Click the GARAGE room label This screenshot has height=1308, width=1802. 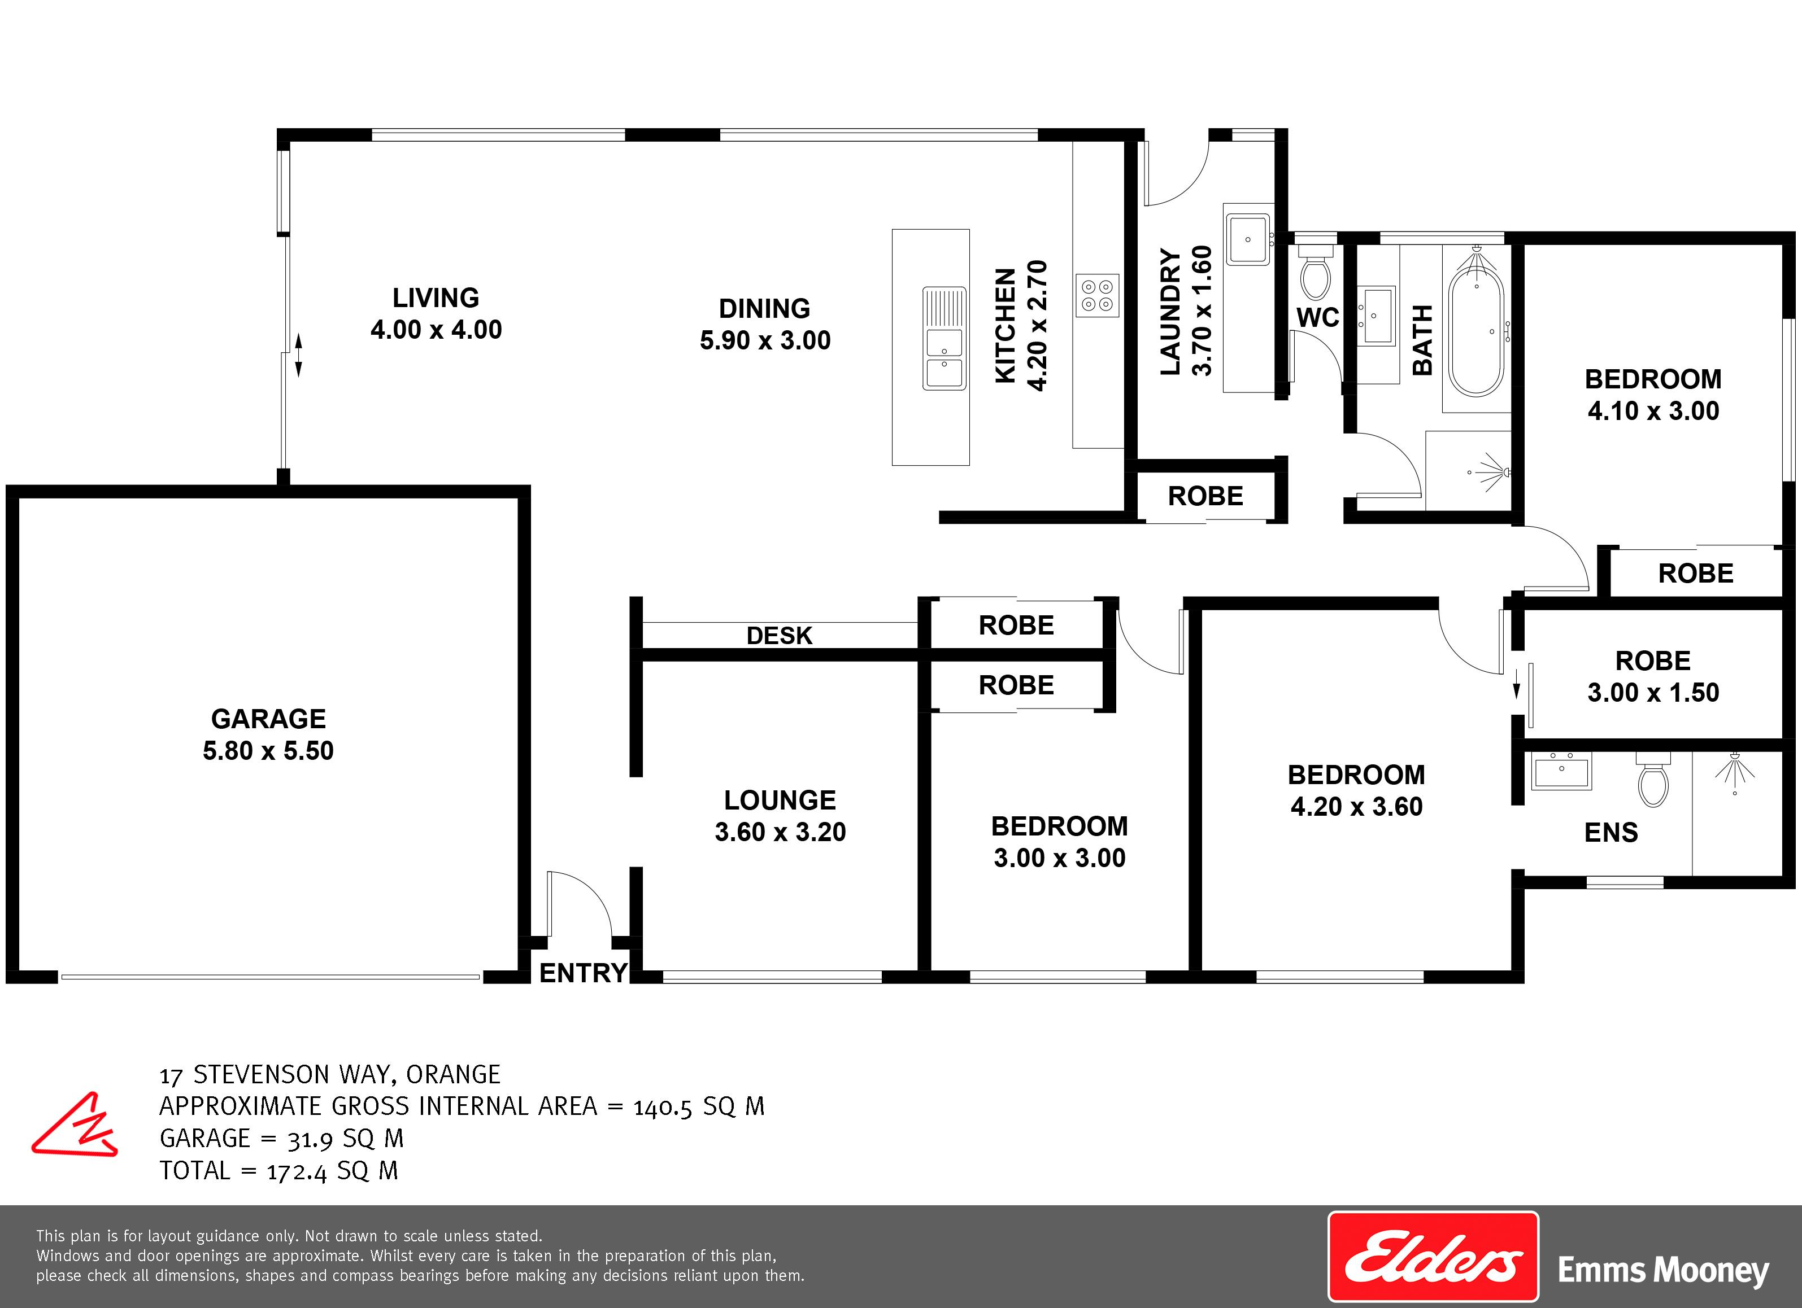[268, 734]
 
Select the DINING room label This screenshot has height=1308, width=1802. [765, 324]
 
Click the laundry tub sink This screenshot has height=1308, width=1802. [1247, 239]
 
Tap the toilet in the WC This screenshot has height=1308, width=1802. [1315, 273]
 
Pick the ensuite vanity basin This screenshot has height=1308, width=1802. [1561, 771]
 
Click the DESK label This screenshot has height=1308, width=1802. [780, 635]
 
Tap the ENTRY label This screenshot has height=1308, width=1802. [583, 973]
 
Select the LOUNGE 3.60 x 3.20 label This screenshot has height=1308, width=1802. [780, 816]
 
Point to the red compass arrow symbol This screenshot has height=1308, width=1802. [75, 1126]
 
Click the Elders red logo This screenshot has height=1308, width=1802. [1433, 1257]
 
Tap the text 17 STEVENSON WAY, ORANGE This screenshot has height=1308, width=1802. [330, 1074]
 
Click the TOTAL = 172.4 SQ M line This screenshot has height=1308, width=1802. [279, 1171]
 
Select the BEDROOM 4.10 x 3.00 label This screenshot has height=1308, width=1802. [1653, 395]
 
